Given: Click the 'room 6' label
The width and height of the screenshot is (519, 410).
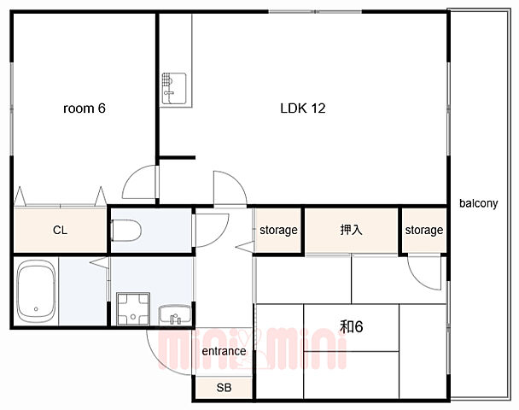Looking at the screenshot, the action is pyautogui.click(x=84, y=108).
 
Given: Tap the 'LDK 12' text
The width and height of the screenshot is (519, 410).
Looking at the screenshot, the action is pyautogui.click(x=303, y=108).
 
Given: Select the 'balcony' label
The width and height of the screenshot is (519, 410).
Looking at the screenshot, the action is pyautogui.click(x=478, y=203).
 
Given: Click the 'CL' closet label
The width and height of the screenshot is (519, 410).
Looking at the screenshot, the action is pyautogui.click(x=60, y=230).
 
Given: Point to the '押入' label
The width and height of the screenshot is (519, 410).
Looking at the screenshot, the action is pyautogui.click(x=351, y=230).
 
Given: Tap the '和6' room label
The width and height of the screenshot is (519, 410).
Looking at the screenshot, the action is pyautogui.click(x=352, y=326).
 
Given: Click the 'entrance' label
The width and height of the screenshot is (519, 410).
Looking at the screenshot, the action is pyautogui.click(x=224, y=351).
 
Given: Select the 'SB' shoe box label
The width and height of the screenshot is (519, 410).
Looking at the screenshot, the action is pyautogui.click(x=224, y=388).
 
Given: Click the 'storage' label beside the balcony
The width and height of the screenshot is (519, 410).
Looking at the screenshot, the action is pyautogui.click(x=424, y=230).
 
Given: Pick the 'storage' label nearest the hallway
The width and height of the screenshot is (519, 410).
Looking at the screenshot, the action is pyautogui.click(x=278, y=230).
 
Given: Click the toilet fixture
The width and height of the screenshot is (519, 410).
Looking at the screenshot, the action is pyautogui.click(x=126, y=230).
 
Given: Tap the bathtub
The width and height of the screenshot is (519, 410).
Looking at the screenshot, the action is pyautogui.click(x=37, y=291).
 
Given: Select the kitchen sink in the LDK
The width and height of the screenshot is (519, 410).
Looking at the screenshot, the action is pyautogui.click(x=174, y=89).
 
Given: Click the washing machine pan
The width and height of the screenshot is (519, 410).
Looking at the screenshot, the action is pyautogui.click(x=133, y=309).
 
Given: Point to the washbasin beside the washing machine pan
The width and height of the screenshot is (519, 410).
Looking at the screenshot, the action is pyautogui.click(x=175, y=315).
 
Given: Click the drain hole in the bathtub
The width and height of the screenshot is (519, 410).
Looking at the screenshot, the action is pyautogui.click(x=36, y=309).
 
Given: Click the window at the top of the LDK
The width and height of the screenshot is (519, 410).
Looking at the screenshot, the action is pyautogui.click(x=315, y=12).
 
